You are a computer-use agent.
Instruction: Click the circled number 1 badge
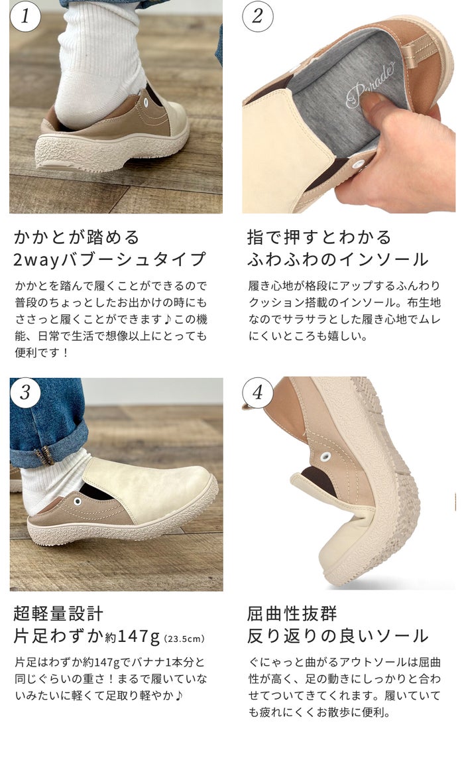coord(25,16)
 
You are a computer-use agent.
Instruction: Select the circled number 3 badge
coord(25,392)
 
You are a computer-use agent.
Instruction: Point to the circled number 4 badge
coord(258,393)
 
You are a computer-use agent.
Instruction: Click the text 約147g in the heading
coord(133,637)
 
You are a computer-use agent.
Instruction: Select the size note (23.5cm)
coord(184,639)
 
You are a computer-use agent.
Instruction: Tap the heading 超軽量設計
coord(58,613)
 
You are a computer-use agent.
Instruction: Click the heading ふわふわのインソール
coord(337,259)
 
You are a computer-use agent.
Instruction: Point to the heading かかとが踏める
coord(77,237)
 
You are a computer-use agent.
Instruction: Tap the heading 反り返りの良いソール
coord(337,636)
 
